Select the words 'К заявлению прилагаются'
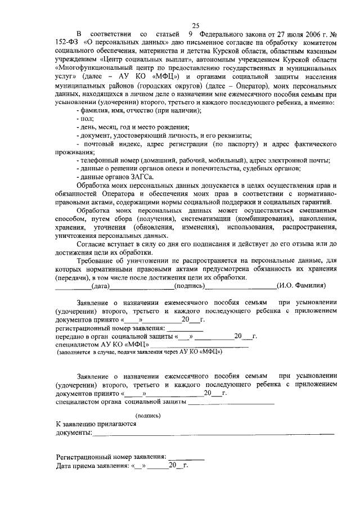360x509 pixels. tap(96, 424)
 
